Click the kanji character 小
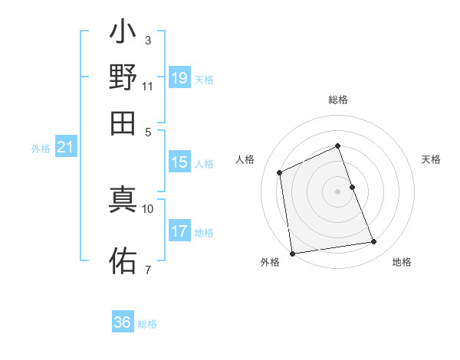[123, 34]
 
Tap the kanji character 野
[123, 78]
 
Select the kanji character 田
[123, 123]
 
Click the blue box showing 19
[179, 78]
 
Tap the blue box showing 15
[179, 162]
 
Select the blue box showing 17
[179, 231]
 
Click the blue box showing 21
[65, 148]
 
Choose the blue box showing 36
[123, 322]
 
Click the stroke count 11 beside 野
[147, 86]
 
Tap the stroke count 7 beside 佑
[147, 270]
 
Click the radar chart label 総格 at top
[338, 100]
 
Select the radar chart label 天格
[431, 159]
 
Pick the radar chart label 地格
[402, 262]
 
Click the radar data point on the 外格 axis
[292, 253]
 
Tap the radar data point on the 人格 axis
[280, 172]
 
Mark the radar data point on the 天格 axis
[352, 187]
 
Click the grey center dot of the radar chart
[338, 191]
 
